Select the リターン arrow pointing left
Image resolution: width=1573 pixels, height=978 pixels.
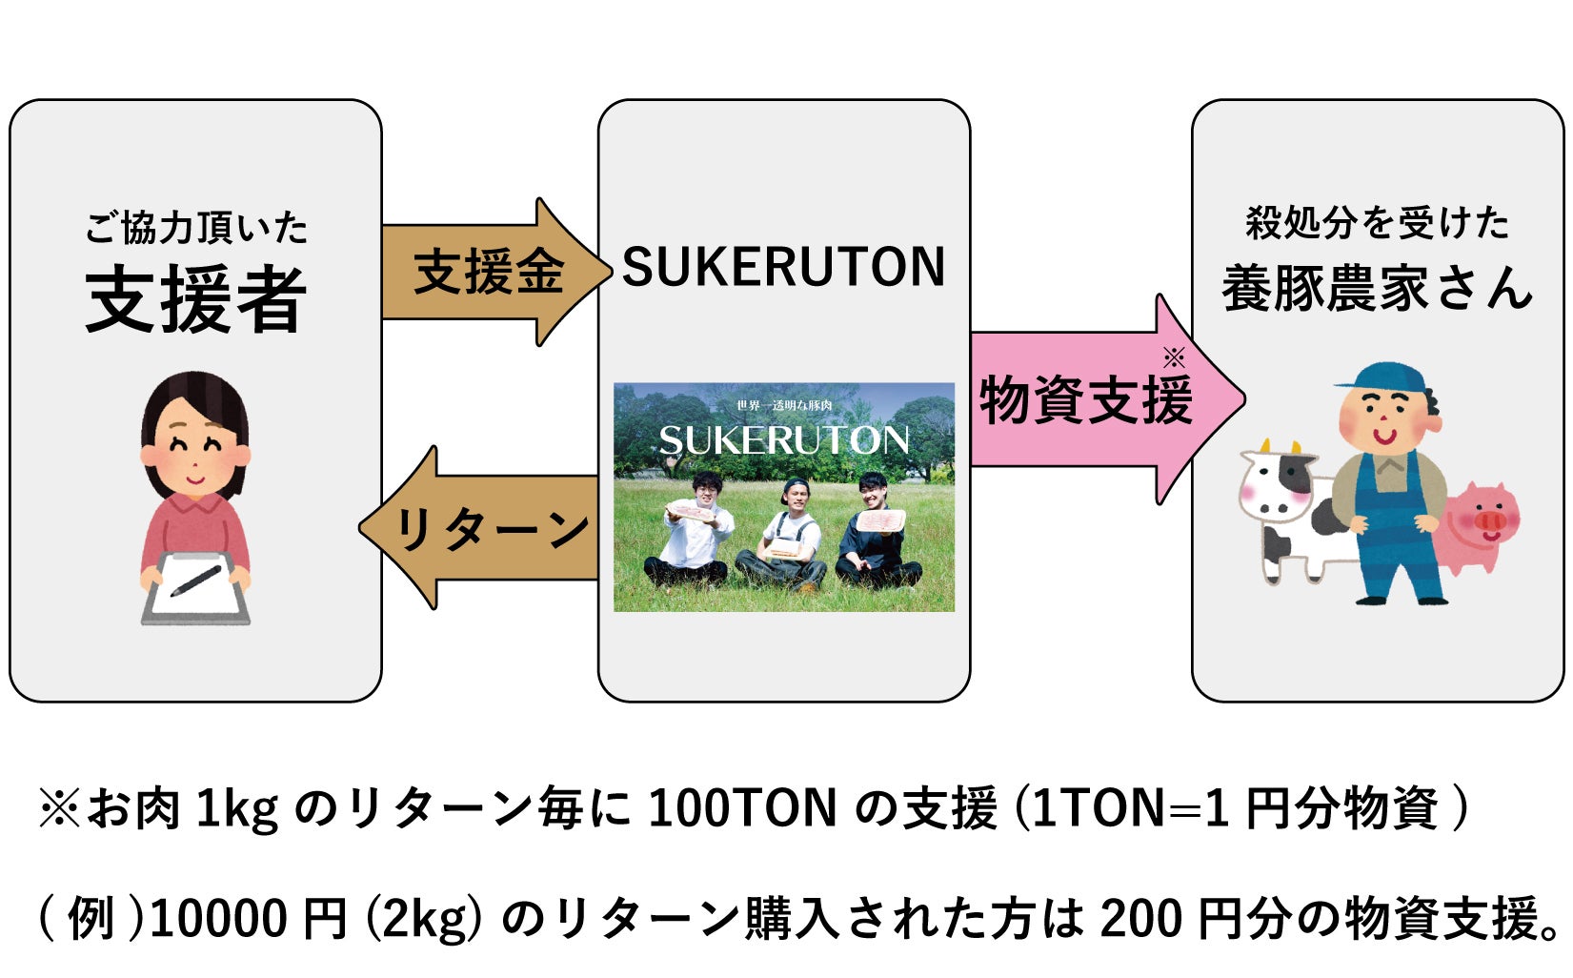[486, 528]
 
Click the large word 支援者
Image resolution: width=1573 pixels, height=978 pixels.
[196, 299]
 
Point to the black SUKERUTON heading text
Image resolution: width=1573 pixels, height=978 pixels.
[783, 267]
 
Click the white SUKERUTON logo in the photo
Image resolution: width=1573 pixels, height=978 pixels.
[783, 439]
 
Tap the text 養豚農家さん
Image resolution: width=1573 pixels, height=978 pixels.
[1377, 288]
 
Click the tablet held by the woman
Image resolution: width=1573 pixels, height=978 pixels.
[195, 586]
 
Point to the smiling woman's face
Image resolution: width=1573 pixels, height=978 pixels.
[195, 448]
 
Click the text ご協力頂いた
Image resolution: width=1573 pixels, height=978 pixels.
[196, 229]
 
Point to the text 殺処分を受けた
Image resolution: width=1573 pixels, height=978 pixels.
[1377, 223]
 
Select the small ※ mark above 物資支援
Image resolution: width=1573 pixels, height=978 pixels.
[1174, 358]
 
